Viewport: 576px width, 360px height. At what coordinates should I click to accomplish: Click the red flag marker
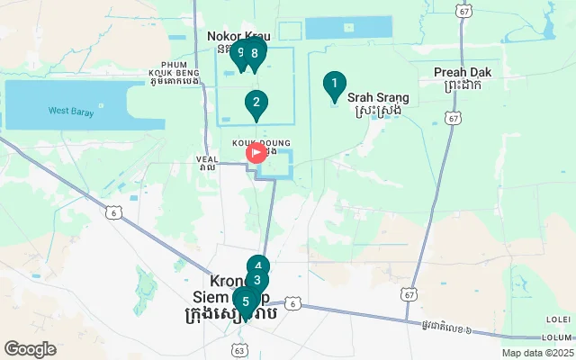(256, 153)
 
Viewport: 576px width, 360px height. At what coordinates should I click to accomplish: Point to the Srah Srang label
(377, 97)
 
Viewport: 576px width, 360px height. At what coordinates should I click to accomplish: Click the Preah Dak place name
(457, 72)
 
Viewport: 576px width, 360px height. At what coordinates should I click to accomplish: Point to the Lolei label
(557, 319)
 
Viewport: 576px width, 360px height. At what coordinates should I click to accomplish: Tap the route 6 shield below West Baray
(113, 211)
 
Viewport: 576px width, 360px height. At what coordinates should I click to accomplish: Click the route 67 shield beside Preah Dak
(454, 118)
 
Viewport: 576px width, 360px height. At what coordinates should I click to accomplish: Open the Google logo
(30, 349)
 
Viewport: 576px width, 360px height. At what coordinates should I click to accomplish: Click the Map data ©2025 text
(536, 354)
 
